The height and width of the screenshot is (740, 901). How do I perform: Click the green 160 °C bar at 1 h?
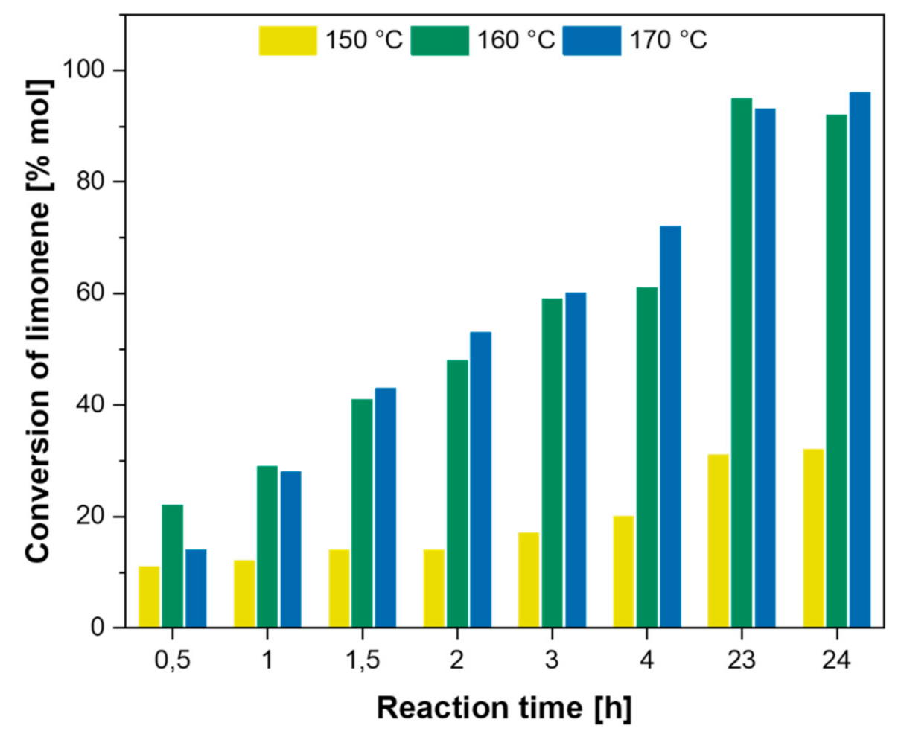267,546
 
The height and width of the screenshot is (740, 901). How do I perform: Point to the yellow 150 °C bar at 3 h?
529,580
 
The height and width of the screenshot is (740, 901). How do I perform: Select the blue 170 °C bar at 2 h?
480,479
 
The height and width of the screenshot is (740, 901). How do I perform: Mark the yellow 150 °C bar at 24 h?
813,538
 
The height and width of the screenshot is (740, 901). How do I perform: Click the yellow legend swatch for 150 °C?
287,40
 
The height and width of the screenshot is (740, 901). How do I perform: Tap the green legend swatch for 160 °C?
441,40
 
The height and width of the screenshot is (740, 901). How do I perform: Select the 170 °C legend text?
669,40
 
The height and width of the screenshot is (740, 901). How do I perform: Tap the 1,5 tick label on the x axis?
361,660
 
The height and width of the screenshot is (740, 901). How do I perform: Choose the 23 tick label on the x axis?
741,660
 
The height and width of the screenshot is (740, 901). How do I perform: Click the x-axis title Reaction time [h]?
503,707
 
